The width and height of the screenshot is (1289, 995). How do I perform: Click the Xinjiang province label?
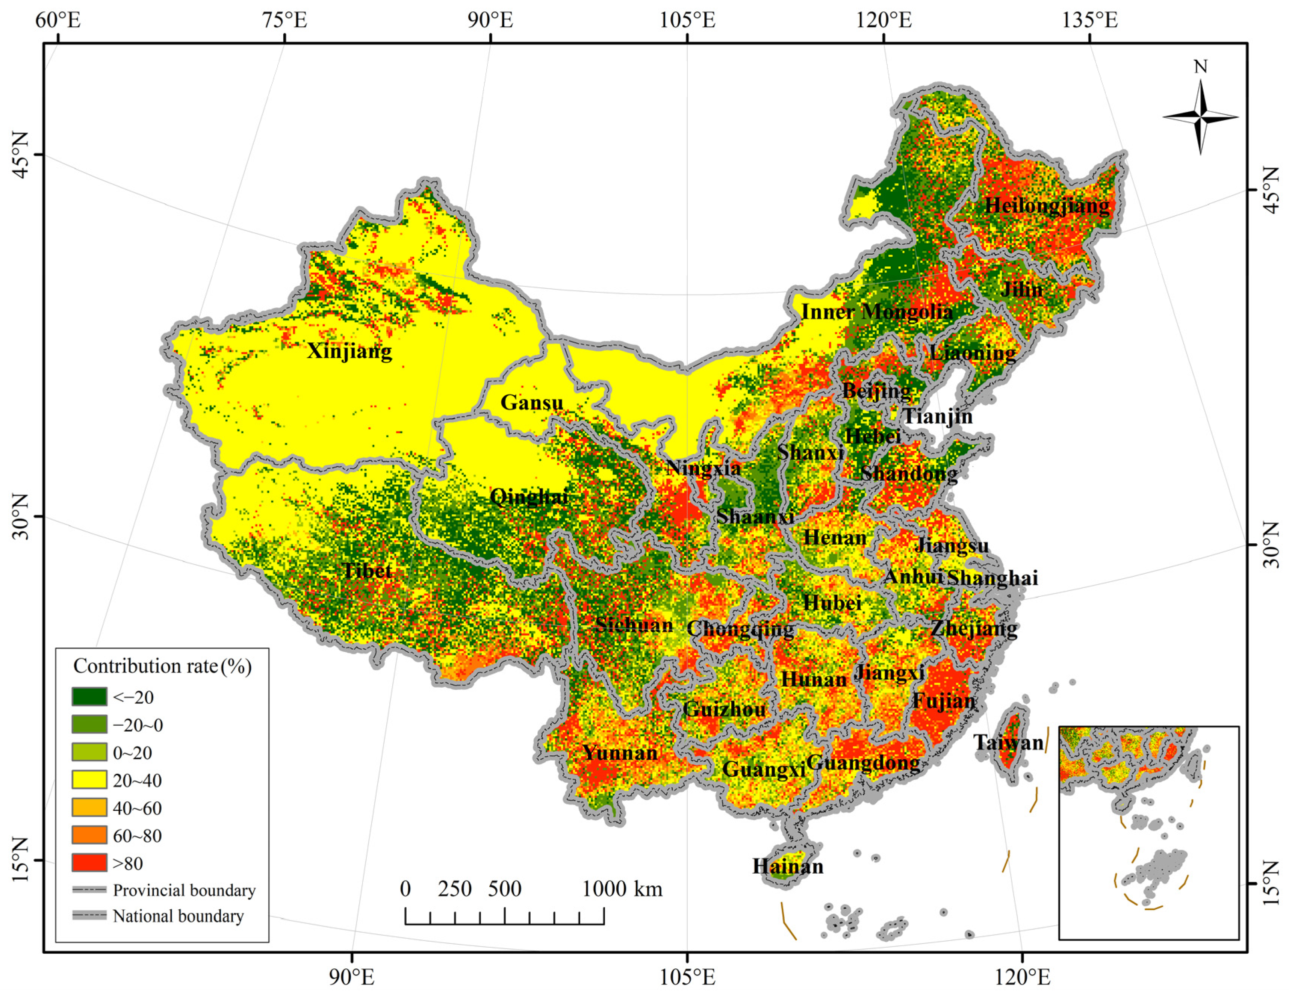[349, 351]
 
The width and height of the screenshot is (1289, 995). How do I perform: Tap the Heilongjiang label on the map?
[1047, 206]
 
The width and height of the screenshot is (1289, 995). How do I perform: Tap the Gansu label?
[532, 402]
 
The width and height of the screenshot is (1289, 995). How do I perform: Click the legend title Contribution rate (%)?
[162, 666]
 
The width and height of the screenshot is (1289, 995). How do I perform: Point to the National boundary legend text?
[178, 916]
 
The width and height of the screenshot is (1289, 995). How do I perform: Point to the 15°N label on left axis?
[20, 859]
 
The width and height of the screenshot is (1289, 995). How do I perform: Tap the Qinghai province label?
[530, 496]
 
